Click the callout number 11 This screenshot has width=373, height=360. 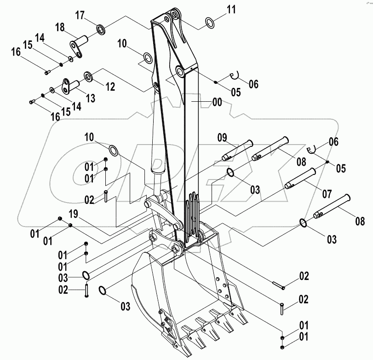pyautogui.click(x=231, y=8)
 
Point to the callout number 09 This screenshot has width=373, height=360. pyautogui.click(x=223, y=137)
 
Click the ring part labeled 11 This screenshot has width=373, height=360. pyautogui.click(x=209, y=22)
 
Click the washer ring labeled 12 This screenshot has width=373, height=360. pyautogui.click(x=88, y=75)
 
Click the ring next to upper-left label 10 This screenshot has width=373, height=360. pyautogui.click(x=148, y=58)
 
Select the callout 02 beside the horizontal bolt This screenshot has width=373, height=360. pyautogui.click(x=304, y=276)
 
